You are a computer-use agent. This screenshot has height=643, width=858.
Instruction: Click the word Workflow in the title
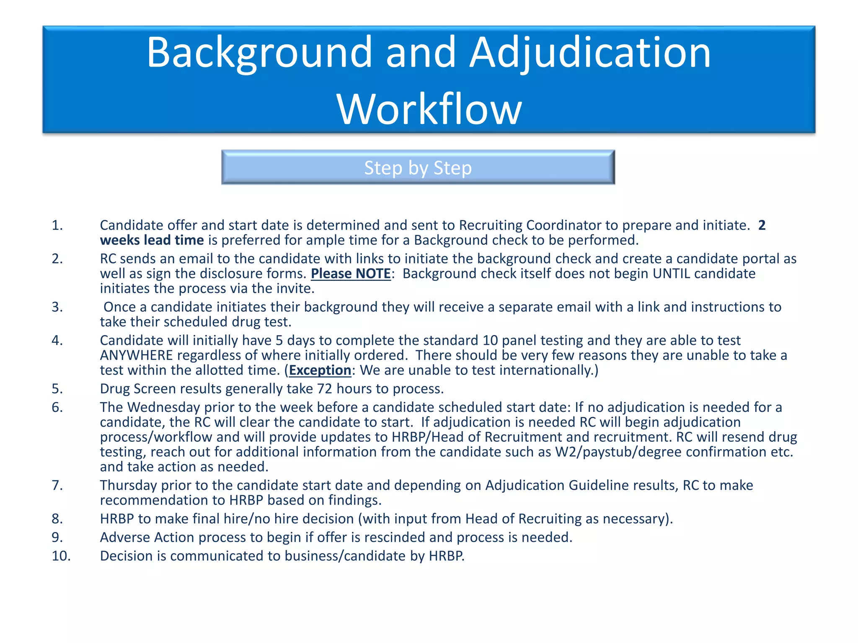point(429,110)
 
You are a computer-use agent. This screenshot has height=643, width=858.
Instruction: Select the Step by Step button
point(418,167)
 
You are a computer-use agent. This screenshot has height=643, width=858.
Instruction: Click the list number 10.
point(61,556)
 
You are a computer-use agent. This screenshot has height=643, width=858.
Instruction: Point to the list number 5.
point(57,389)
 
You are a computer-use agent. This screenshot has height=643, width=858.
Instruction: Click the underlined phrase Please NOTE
point(351,274)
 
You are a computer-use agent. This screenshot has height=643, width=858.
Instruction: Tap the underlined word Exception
point(320,370)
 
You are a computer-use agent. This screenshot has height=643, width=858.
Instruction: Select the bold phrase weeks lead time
point(152,240)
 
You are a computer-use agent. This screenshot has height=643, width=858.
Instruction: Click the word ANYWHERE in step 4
point(136,355)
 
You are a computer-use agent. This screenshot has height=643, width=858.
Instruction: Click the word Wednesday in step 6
point(164,407)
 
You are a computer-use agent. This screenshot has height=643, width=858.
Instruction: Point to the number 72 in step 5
point(324,389)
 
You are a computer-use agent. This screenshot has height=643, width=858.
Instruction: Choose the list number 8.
point(57,519)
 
